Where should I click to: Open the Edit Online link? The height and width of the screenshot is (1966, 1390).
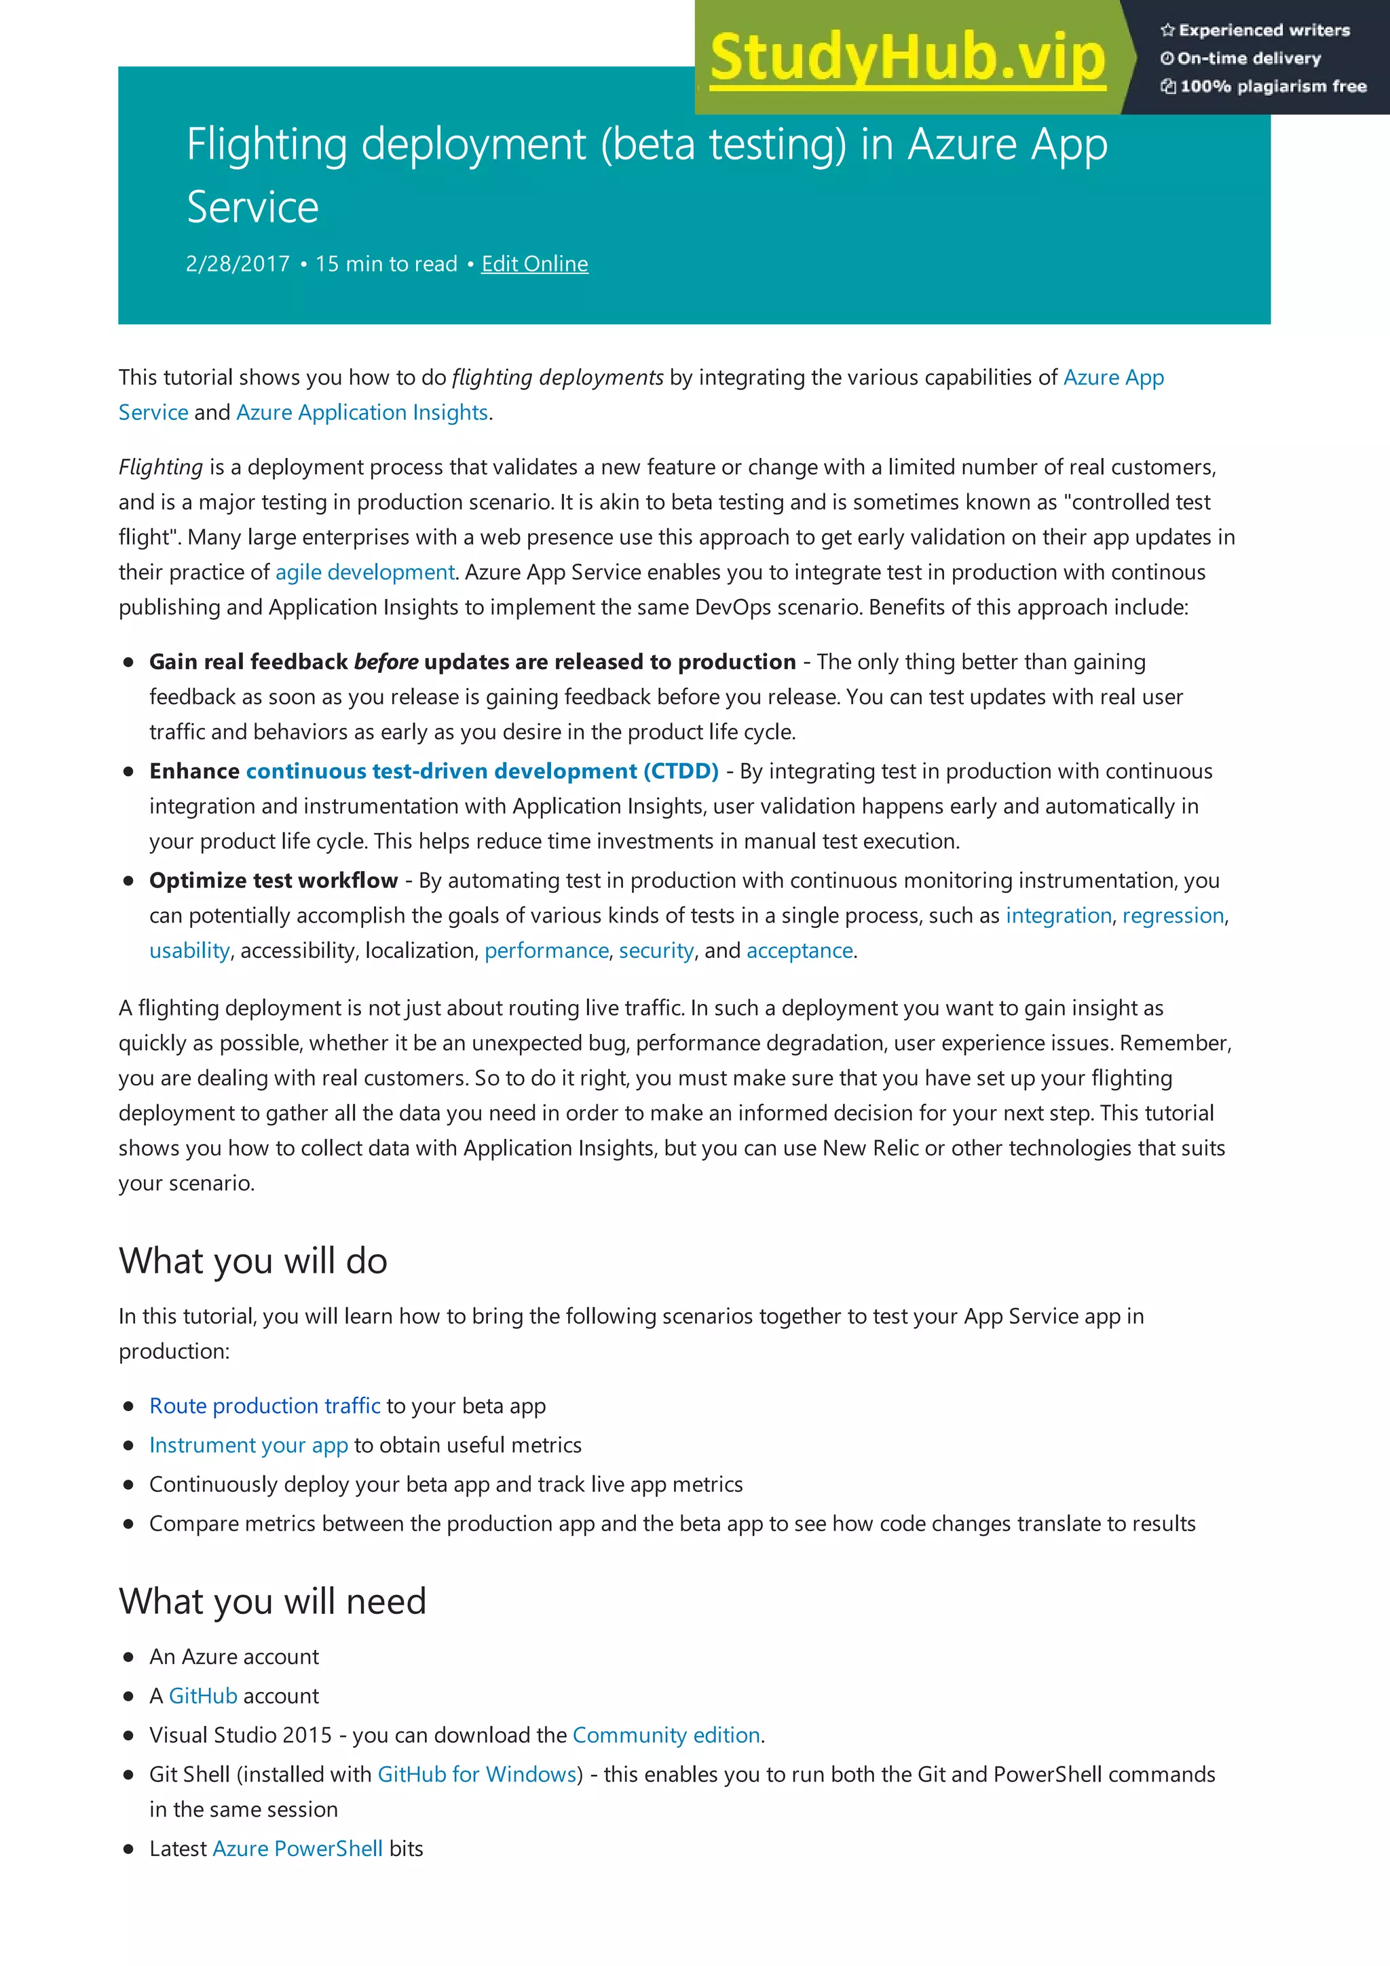534,264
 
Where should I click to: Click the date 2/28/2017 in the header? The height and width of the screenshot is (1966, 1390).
238,264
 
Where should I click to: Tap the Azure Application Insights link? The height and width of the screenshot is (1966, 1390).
362,412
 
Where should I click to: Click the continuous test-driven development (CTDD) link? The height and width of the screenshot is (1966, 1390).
481,771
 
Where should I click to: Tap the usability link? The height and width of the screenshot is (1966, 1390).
189,950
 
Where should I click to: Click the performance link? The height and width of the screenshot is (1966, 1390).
546,950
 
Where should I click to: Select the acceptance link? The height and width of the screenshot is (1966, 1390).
799,950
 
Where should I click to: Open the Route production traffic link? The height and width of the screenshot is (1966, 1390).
265,1406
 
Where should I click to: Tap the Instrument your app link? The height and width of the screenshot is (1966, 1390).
248,1446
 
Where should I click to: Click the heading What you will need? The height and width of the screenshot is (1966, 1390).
272,1601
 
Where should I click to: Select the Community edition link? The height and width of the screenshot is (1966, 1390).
666,1735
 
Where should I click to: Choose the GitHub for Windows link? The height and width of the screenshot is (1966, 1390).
477,1774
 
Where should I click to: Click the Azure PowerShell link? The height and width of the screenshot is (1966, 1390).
297,1849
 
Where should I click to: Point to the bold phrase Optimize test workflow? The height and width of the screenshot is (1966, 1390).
274,881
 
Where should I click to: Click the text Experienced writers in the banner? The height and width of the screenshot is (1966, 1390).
1263,31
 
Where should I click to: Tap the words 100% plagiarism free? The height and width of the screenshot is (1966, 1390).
1273,86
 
